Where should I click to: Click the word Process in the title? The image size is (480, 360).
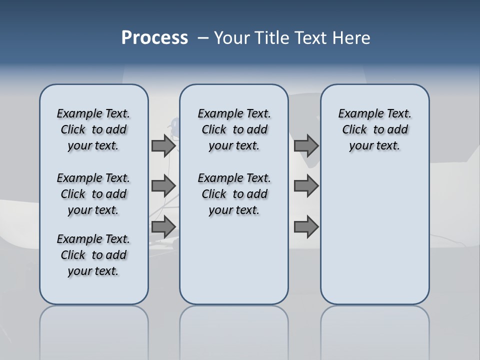click(x=154, y=38)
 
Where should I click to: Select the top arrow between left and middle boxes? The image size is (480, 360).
click(x=163, y=145)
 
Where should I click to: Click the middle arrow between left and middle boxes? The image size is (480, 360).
click(x=163, y=186)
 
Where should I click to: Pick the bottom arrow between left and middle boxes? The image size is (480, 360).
click(x=163, y=226)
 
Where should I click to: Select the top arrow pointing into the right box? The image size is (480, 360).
click(x=306, y=145)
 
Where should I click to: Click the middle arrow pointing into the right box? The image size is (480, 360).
click(x=306, y=186)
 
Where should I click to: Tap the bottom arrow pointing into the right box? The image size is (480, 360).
click(x=306, y=226)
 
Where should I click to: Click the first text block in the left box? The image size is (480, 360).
click(x=93, y=129)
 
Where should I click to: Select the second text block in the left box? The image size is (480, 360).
click(x=93, y=194)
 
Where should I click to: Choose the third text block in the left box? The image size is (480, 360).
click(x=93, y=255)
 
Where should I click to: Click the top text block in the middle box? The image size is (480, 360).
click(x=234, y=129)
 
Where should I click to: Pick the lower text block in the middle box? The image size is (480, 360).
click(x=234, y=194)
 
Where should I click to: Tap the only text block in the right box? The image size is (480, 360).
click(x=374, y=129)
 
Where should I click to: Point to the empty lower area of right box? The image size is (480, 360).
click(x=374, y=235)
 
